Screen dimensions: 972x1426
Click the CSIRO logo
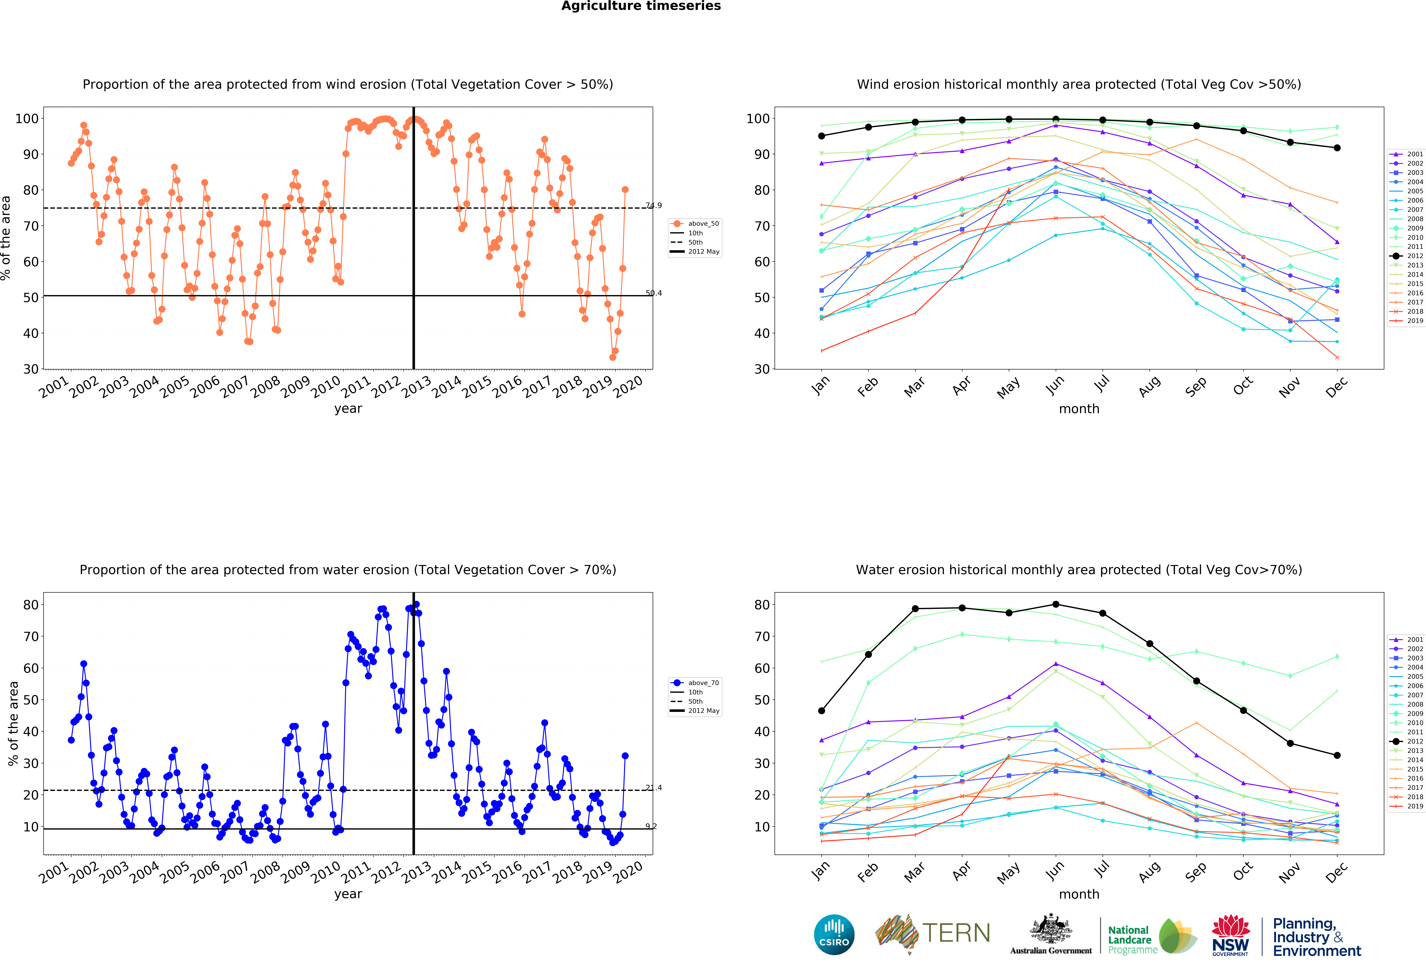click(x=834, y=935)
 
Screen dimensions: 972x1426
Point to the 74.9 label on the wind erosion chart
click(x=653, y=206)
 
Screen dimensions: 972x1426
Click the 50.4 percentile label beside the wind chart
click(x=653, y=293)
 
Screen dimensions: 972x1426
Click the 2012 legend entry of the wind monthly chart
click(x=1410, y=256)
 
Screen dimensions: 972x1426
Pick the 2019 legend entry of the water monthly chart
click(x=1410, y=806)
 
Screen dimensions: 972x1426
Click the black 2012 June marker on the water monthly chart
click(x=1055, y=604)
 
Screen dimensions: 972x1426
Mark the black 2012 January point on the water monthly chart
click(x=822, y=711)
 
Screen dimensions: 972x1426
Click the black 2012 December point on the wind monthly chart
click(x=1337, y=148)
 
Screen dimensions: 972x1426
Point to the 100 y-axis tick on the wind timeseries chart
click(x=27, y=118)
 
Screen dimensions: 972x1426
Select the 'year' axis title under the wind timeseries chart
click(x=348, y=409)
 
